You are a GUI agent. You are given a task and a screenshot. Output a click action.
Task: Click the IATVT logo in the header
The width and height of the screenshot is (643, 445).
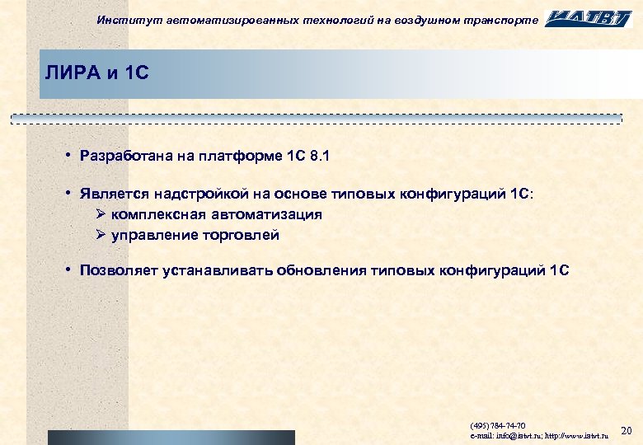[x=588, y=18]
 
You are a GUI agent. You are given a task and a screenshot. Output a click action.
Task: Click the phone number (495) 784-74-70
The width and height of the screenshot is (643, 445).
[x=498, y=425]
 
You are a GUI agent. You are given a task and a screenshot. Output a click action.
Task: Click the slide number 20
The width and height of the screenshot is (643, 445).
[x=625, y=430]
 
